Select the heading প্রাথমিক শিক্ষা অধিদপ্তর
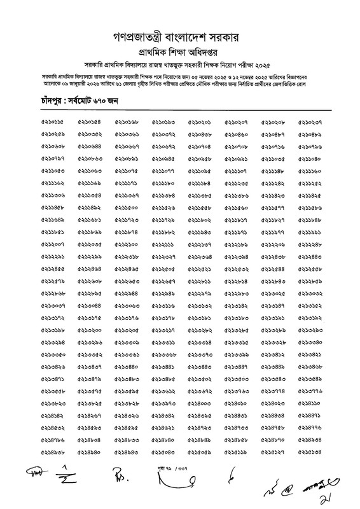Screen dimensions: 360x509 click(179, 48)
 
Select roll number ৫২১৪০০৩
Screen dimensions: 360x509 click(200, 403)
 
